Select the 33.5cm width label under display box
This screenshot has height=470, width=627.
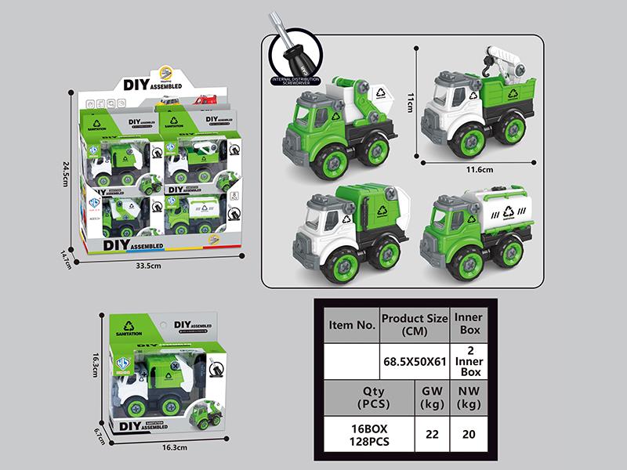pyautogui.click(x=148, y=266)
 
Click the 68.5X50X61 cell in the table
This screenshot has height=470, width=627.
pyautogui.click(x=414, y=361)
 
